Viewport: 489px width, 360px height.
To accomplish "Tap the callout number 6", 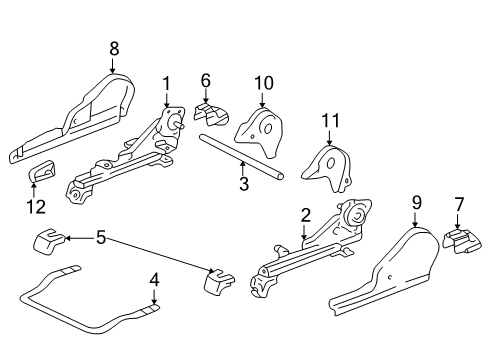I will click(206, 81).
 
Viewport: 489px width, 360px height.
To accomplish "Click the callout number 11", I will click(329, 121).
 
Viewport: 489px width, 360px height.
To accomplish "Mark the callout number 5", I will click(99, 238).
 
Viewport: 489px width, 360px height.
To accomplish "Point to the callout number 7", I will click(459, 206).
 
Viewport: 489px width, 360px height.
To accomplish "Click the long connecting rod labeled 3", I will click(240, 155).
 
